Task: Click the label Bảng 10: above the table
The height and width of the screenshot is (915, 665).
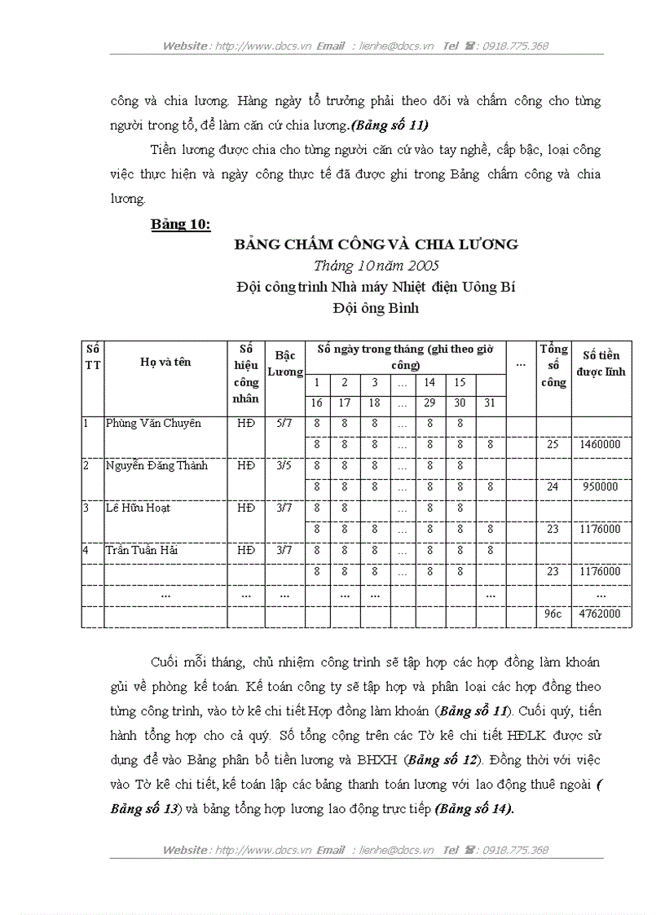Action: (x=181, y=225)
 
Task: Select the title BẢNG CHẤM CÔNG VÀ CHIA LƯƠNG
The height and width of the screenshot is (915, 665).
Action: (x=376, y=244)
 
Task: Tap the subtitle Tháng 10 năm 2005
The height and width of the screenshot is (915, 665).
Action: (x=377, y=266)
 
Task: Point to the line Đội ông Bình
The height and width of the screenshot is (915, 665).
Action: (x=376, y=308)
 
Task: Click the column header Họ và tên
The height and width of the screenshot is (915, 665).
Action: (x=165, y=362)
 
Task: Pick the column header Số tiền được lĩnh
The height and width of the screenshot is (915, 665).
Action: (x=601, y=363)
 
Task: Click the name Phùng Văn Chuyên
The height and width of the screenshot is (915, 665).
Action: (x=153, y=424)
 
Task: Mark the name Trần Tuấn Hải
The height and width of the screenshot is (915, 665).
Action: (x=142, y=551)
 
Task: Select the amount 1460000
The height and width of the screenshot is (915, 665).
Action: (x=601, y=445)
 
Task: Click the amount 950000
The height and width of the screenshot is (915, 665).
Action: (x=601, y=487)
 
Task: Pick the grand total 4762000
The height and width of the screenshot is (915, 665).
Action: (x=601, y=614)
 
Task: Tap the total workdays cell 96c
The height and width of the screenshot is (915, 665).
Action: (x=553, y=614)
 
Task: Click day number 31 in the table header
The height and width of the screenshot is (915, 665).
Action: (x=489, y=403)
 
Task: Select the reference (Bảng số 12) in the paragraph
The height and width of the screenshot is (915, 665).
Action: (x=437, y=761)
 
